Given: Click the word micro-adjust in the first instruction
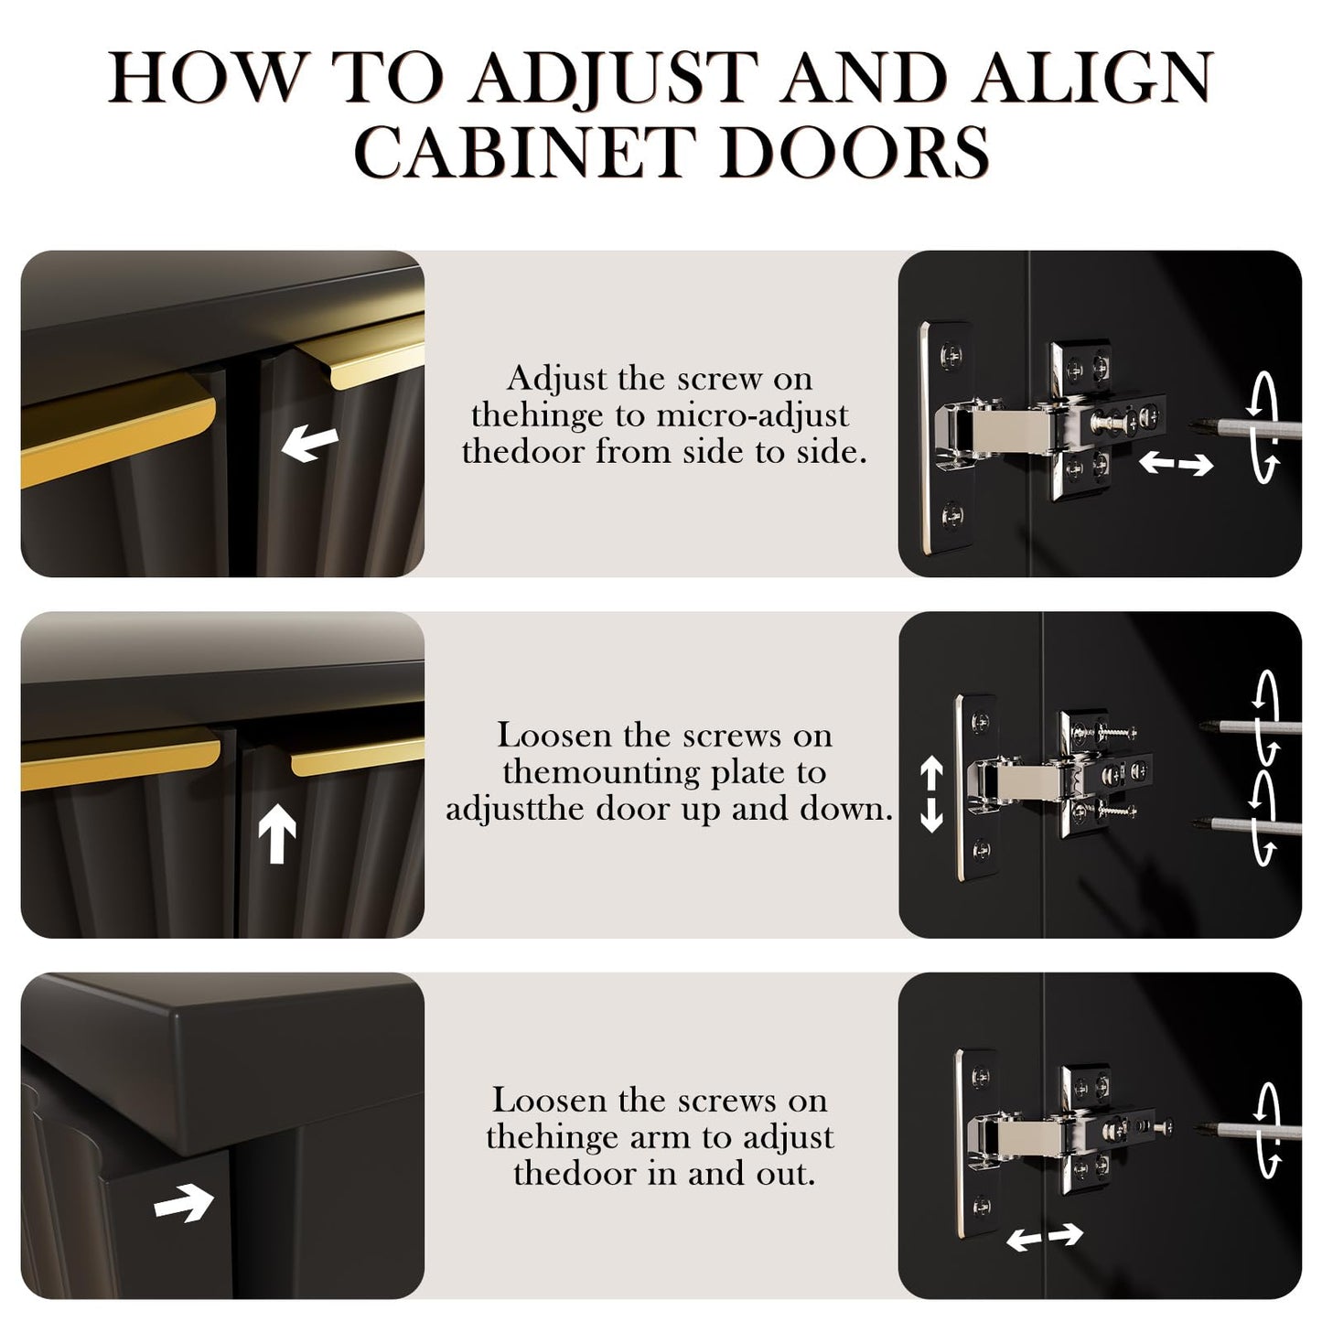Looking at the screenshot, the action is click(753, 415).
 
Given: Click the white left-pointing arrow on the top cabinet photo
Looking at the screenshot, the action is click(310, 443).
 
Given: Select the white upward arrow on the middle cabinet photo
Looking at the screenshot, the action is click(277, 833).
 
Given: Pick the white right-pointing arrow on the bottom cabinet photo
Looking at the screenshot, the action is click(184, 1203).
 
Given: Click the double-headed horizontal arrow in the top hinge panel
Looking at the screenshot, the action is click(1176, 465).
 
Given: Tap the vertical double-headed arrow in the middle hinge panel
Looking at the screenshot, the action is click(931, 794).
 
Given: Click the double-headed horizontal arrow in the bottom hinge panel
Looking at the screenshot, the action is click(1044, 1236).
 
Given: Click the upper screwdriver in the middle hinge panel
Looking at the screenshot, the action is click(1250, 728).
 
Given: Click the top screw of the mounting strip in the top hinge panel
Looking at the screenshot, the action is click(951, 355).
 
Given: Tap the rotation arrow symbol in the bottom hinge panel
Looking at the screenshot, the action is click(1270, 1130).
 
